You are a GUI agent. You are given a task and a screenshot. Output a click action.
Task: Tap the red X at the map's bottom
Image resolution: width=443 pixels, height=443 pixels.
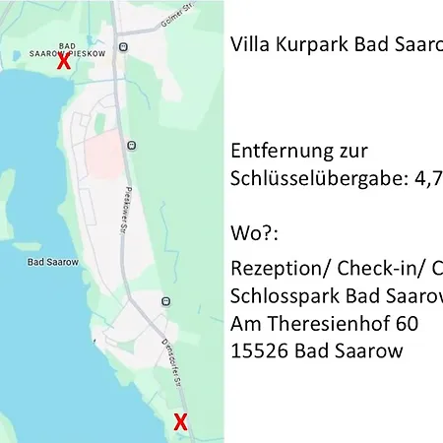pyautogui.click(x=180, y=423)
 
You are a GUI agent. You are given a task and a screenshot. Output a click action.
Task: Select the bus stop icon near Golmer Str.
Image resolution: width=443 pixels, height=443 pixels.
pyautogui.click(x=122, y=46)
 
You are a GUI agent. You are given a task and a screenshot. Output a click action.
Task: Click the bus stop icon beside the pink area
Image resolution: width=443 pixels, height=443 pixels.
pyautogui.click(x=132, y=146)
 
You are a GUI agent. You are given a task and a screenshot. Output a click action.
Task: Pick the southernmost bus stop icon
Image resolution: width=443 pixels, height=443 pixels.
pyautogui.click(x=165, y=300)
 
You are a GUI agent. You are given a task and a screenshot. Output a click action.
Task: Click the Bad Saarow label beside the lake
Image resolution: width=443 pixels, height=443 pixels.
pyautogui.click(x=47, y=264)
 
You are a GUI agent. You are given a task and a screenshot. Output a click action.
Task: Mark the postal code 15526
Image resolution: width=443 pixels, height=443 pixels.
pyautogui.click(x=257, y=350)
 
